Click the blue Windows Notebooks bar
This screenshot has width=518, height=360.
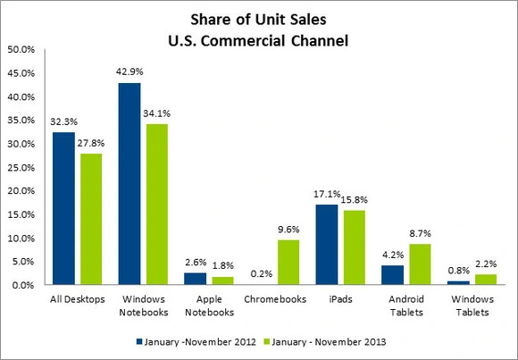click(129, 184)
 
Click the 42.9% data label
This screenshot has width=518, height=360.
click(130, 72)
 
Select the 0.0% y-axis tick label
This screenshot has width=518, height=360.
click(23, 286)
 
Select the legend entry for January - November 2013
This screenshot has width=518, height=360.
click(319, 342)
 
